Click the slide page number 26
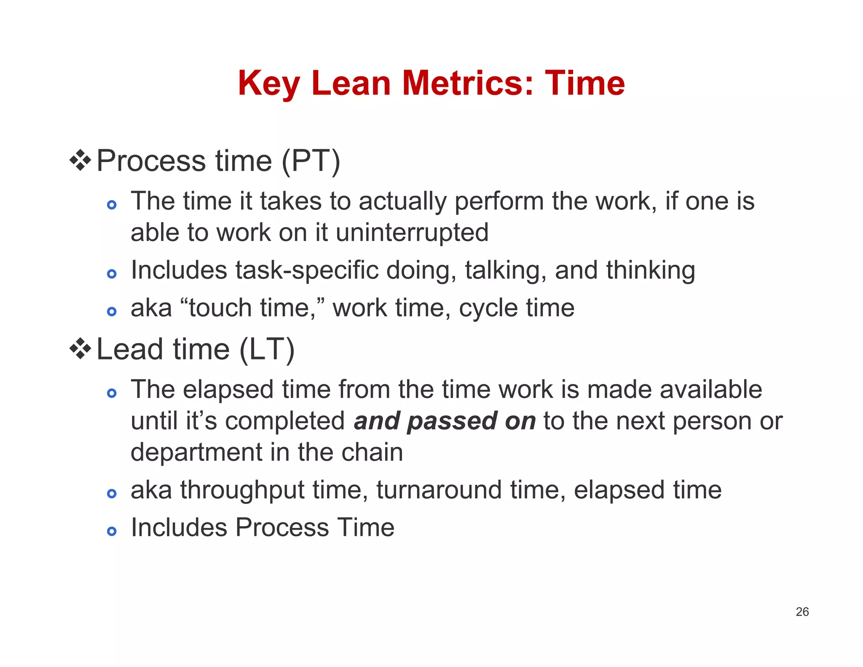click(x=802, y=612)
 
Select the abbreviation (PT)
click(x=311, y=161)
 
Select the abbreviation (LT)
click(x=267, y=350)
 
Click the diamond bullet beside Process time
click(x=80, y=160)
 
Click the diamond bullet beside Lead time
click(x=80, y=349)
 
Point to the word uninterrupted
click(x=412, y=233)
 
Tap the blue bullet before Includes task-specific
click(x=112, y=274)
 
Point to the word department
click(x=196, y=453)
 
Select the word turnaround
click(x=439, y=490)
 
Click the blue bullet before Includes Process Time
click(x=112, y=531)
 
